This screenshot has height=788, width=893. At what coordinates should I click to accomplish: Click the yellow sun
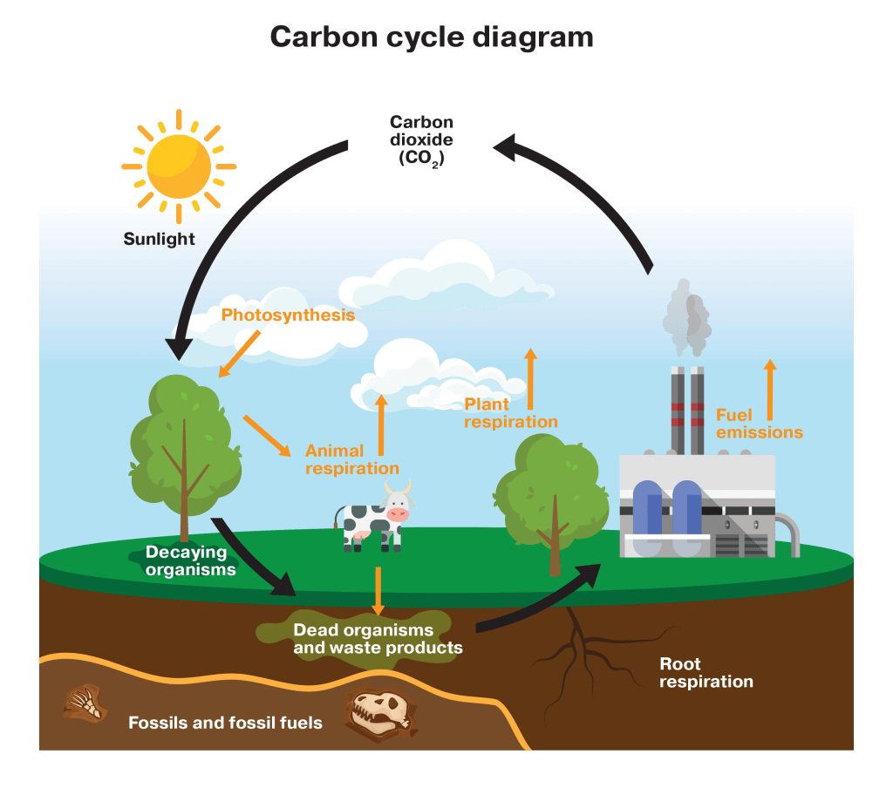179,166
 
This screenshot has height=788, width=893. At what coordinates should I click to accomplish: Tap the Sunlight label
159,239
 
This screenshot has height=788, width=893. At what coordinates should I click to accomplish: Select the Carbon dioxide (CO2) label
421,140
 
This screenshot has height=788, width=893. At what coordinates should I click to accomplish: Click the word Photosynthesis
288,315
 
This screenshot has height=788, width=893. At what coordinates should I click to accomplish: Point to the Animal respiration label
351,459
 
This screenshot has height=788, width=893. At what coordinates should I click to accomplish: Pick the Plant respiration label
510,413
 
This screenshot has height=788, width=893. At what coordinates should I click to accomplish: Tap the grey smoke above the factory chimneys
686,323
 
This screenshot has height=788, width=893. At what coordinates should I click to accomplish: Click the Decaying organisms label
190,560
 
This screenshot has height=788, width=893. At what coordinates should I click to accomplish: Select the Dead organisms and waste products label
377,639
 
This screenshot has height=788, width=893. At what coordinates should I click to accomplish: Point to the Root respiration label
706,673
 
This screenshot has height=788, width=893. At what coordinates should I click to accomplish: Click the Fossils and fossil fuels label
225,723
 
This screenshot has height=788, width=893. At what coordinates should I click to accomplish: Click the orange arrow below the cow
378,591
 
